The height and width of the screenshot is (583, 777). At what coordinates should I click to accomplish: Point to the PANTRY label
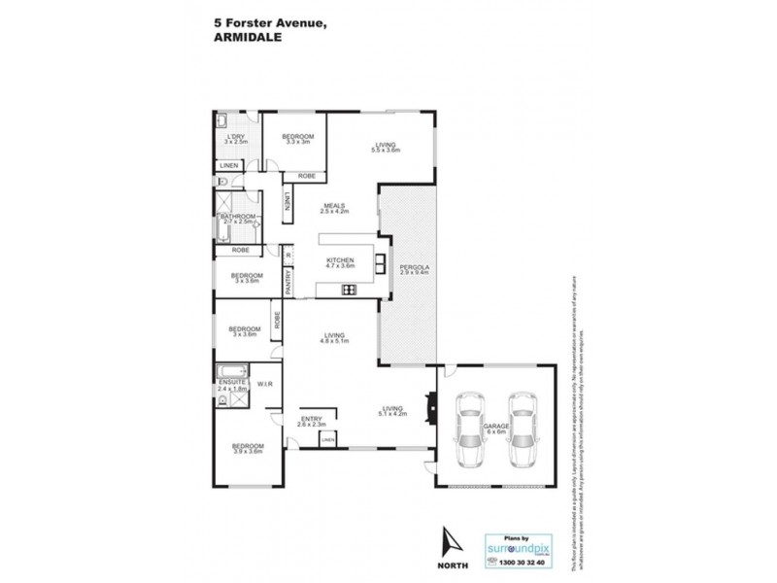pyautogui.click(x=288, y=281)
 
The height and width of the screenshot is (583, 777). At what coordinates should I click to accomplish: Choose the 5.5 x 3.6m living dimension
pyautogui.click(x=388, y=152)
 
